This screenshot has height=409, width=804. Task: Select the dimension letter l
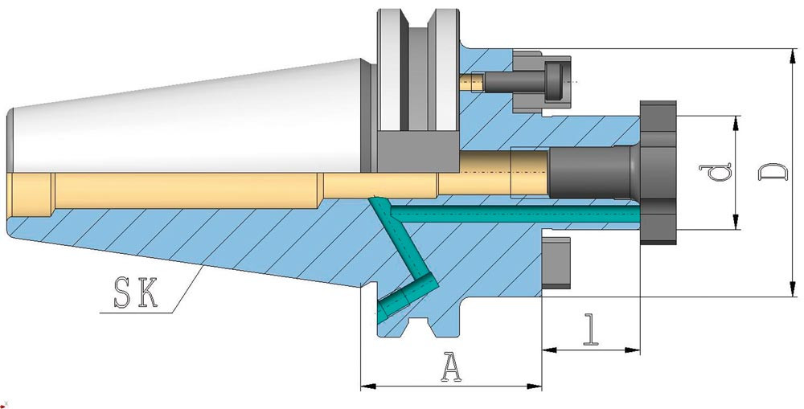pyautogui.click(x=592, y=329)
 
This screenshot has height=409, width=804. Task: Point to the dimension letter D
pyautogui.click(x=772, y=172)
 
